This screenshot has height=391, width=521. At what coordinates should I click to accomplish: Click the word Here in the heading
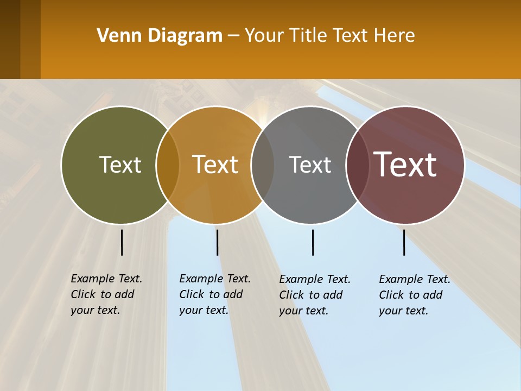[x=395, y=35]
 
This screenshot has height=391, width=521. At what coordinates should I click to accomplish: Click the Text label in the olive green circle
[x=120, y=165]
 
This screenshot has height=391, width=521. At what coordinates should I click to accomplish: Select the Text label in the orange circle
[x=215, y=165]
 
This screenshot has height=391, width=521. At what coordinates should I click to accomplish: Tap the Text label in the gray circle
[x=310, y=165]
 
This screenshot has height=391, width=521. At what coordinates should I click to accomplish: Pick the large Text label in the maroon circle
[x=405, y=164]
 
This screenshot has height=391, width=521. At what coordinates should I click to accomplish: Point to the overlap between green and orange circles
[x=168, y=165]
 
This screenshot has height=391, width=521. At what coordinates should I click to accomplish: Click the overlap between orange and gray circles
[x=263, y=165]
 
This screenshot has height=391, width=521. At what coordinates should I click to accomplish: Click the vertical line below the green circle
[x=122, y=242]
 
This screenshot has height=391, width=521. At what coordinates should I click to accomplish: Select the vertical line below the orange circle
[x=217, y=242]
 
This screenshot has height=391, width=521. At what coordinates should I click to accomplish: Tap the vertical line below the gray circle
[x=313, y=242]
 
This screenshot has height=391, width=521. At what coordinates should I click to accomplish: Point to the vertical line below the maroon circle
[x=404, y=242]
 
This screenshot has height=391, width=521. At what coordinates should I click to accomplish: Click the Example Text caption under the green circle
[x=106, y=294]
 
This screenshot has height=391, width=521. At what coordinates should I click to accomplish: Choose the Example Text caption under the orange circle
[x=214, y=294]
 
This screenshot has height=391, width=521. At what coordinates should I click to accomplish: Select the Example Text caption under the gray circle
[x=314, y=295]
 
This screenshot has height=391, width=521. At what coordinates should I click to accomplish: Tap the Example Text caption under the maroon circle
[x=414, y=295]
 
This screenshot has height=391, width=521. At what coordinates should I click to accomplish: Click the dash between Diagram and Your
[x=233, y=36]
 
